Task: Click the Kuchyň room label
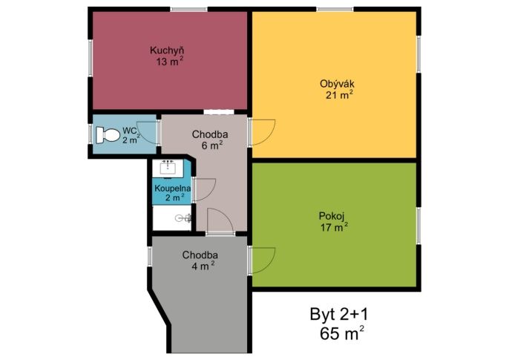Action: [x=167, y=50]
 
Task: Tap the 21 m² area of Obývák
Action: [x=339, y=95]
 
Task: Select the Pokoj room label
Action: [x=332, y=216]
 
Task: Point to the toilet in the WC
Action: [x=108, y=134]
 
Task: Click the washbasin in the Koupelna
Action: [x=168, y=168]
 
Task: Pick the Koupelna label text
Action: [x=172, y=189]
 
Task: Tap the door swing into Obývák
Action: [x=263, y=132]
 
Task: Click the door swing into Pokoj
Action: [x=263, y=260]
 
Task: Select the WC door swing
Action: [x=148, y=133]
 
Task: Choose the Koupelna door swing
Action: [x=205, y=189]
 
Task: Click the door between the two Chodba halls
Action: [x=220, y=220]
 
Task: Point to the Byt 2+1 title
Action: [x=339, y=314]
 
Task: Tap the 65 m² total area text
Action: [x=341, y=333]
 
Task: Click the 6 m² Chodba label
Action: [x=212, y=145]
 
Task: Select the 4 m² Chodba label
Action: [x=203, y=266]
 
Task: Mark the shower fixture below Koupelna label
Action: [x=183, y=217]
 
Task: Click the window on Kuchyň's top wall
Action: [x=188, y=9]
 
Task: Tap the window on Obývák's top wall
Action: [x=335, y=9]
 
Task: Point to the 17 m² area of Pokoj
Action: [x=335, y=227]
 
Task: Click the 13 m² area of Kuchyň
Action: [x=169, y=62]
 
